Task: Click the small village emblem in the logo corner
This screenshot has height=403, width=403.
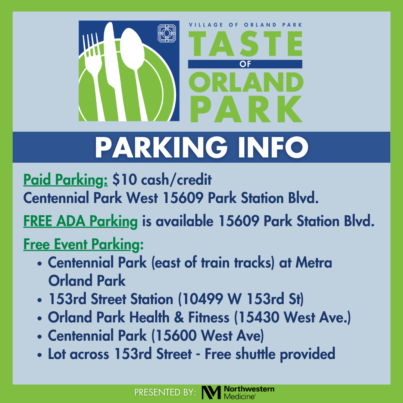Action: coord(167,33)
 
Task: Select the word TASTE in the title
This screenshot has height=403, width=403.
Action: coord(246,44)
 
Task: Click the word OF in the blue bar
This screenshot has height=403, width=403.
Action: coord(245,64)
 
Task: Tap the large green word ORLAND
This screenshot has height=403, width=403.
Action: coord(246,82)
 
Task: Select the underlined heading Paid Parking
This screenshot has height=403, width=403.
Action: coord(66,180)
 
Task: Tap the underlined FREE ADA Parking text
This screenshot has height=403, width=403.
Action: coord(81,221)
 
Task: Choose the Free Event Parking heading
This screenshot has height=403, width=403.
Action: coord(83,244)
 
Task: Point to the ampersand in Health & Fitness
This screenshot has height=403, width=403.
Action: coord(179,317)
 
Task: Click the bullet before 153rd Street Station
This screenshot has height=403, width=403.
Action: coord(39,300)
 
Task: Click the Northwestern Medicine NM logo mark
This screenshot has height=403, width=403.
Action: coord(211,392)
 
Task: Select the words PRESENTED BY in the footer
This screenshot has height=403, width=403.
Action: coord(165,393)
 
